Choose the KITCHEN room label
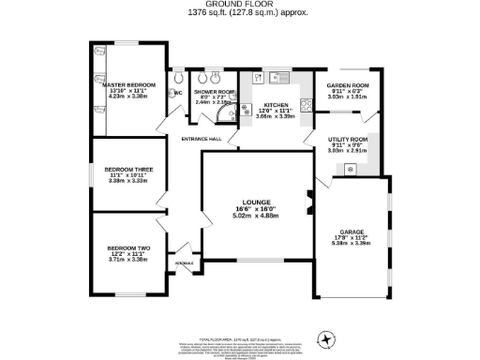(x=276, y=106)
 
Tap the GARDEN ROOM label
(x=348, y=85)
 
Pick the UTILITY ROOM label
(x=348, y=139)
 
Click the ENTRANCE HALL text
(x=201, y=140)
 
